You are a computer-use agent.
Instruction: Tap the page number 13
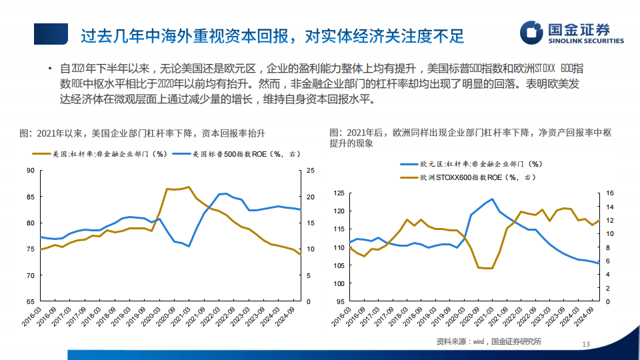click(x=587, y=344)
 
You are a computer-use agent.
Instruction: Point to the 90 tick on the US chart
click(x=29, y=171)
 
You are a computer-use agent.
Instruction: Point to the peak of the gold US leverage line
click(x=189, y=187)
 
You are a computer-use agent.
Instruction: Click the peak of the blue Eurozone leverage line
click(x=493, y=199)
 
